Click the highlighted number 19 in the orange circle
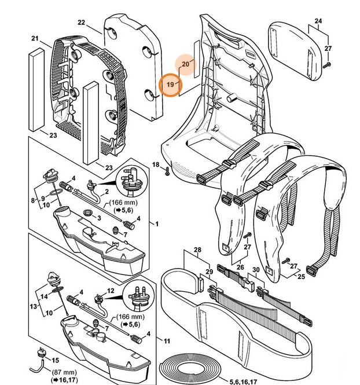pyautogui.click(x=170, y=85)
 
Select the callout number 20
pyautogui.click(x=186, y=63)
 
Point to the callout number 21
pyautogui.click(x=34, y=39)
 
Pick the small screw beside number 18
pyautogui.click(x=167, y=170)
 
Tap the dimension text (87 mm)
pyautogui.click(x=60, y=373)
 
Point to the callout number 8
pyautogui.click(x=33, y=200)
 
